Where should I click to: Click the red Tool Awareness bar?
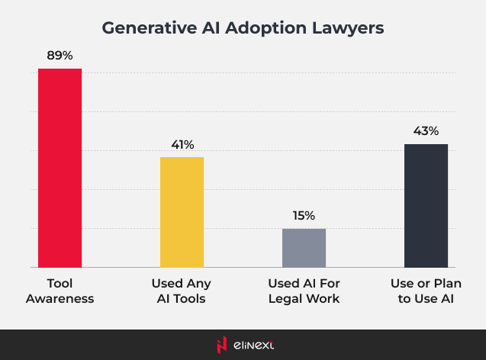[60, 168]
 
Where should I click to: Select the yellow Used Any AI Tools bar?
[182, 212]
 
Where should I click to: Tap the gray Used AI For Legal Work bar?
[304, 248]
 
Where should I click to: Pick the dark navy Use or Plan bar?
[426, 205]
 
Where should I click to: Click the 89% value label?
[60, 56]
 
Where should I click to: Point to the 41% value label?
[182, 144]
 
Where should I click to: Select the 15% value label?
[304, 216]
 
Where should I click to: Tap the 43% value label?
[426, 131]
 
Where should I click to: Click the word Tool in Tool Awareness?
[60, 283]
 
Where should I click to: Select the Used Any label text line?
[182, 283]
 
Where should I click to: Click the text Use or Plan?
[426, 283]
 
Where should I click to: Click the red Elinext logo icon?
[221, 345]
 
